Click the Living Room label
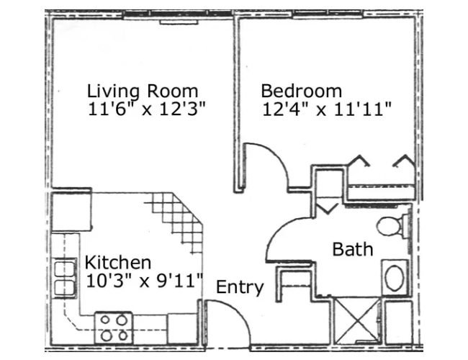pyautogui.click(x=142, y=91)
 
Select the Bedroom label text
pyautogui.click(x=301, y=91)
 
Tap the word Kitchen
pyautogui.click(x=117, y=262)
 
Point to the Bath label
pyautogui.click(x=352, y=250)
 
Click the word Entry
pyautogui.click(x=240, y=287)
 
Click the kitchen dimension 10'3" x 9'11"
pyautogui.click(x=144, y=280)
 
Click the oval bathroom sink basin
pyautogui.click(x=395, y=278)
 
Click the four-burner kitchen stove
pyautogui.click(x=114, y=326)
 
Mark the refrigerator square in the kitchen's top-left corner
pyautogui.click(x=71, y=210)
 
